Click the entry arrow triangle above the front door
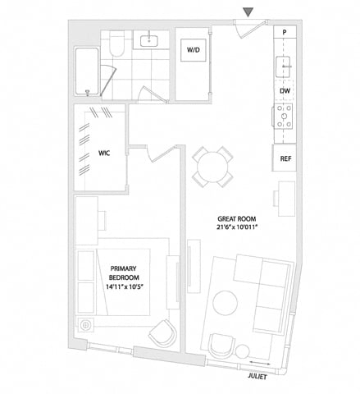248,12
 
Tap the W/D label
194,50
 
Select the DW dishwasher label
285,91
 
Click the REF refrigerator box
285,158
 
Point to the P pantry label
285,32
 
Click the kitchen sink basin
285,66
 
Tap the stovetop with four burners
284,117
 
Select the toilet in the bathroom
116,44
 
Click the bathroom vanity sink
149,41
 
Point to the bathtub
87,71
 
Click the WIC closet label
104,153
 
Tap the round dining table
212,167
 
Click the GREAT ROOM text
237,219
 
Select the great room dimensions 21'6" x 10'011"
237,227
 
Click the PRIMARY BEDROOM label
124,273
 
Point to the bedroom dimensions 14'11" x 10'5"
125,286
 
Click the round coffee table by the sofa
226,303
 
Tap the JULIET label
257,377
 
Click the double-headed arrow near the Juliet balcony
260,363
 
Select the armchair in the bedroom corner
162,333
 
